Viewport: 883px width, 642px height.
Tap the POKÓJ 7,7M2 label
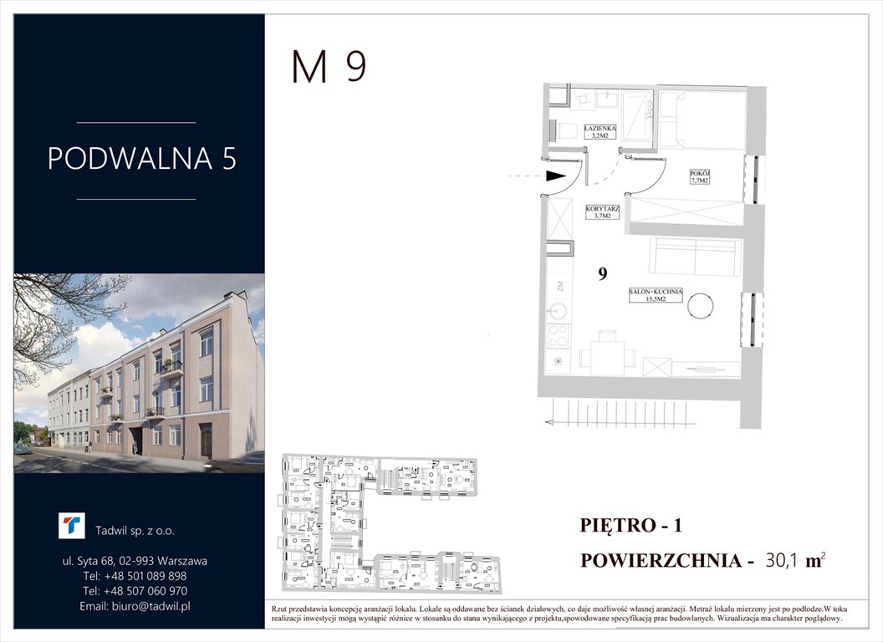click(x=699, y=176)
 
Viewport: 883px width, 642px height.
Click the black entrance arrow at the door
click(x=554, y=176)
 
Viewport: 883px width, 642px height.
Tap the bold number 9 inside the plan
click(x=602, y=274)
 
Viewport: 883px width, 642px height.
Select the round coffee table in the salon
click(x=701, y=307)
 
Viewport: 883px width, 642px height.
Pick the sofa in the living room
click(x=695, y=257)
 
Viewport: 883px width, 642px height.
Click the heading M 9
click(x=329, y=68)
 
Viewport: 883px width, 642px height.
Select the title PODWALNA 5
click(x=142, y=159)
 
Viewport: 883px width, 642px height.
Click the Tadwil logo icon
click(x=71, y=526)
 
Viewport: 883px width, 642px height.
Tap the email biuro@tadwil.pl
click(x=135, y=606)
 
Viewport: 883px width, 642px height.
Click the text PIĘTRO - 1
click(x=631, y=526)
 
